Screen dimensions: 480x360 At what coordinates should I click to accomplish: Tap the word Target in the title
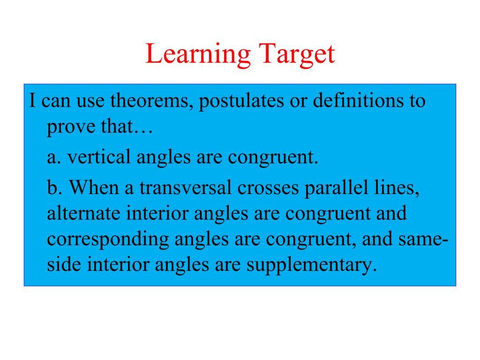(297, 54)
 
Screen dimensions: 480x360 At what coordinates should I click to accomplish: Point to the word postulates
(241, 101)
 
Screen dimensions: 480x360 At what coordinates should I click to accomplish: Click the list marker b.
(54, 187)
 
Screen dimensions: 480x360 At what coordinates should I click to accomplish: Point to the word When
(94, 187)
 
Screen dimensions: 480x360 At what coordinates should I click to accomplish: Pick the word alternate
(83, 214)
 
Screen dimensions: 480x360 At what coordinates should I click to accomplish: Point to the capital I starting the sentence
(32, 100)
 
